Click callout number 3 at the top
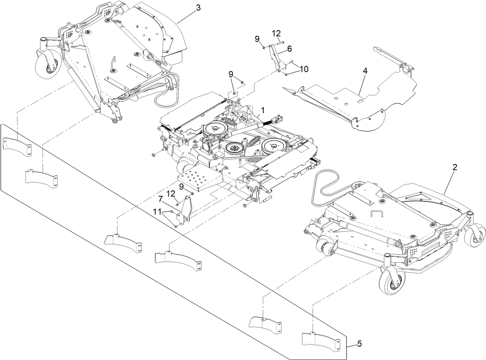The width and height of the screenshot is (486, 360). (x=198, y=8)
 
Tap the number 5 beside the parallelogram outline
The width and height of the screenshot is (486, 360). (x=359, y=343)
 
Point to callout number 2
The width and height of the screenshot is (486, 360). (x=455, y=167)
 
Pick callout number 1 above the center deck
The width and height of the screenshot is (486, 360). (x=262, y=110)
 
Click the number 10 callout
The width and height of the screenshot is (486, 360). (x=303, y=69)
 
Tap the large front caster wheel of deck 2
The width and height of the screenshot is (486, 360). (x=393, y=280)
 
